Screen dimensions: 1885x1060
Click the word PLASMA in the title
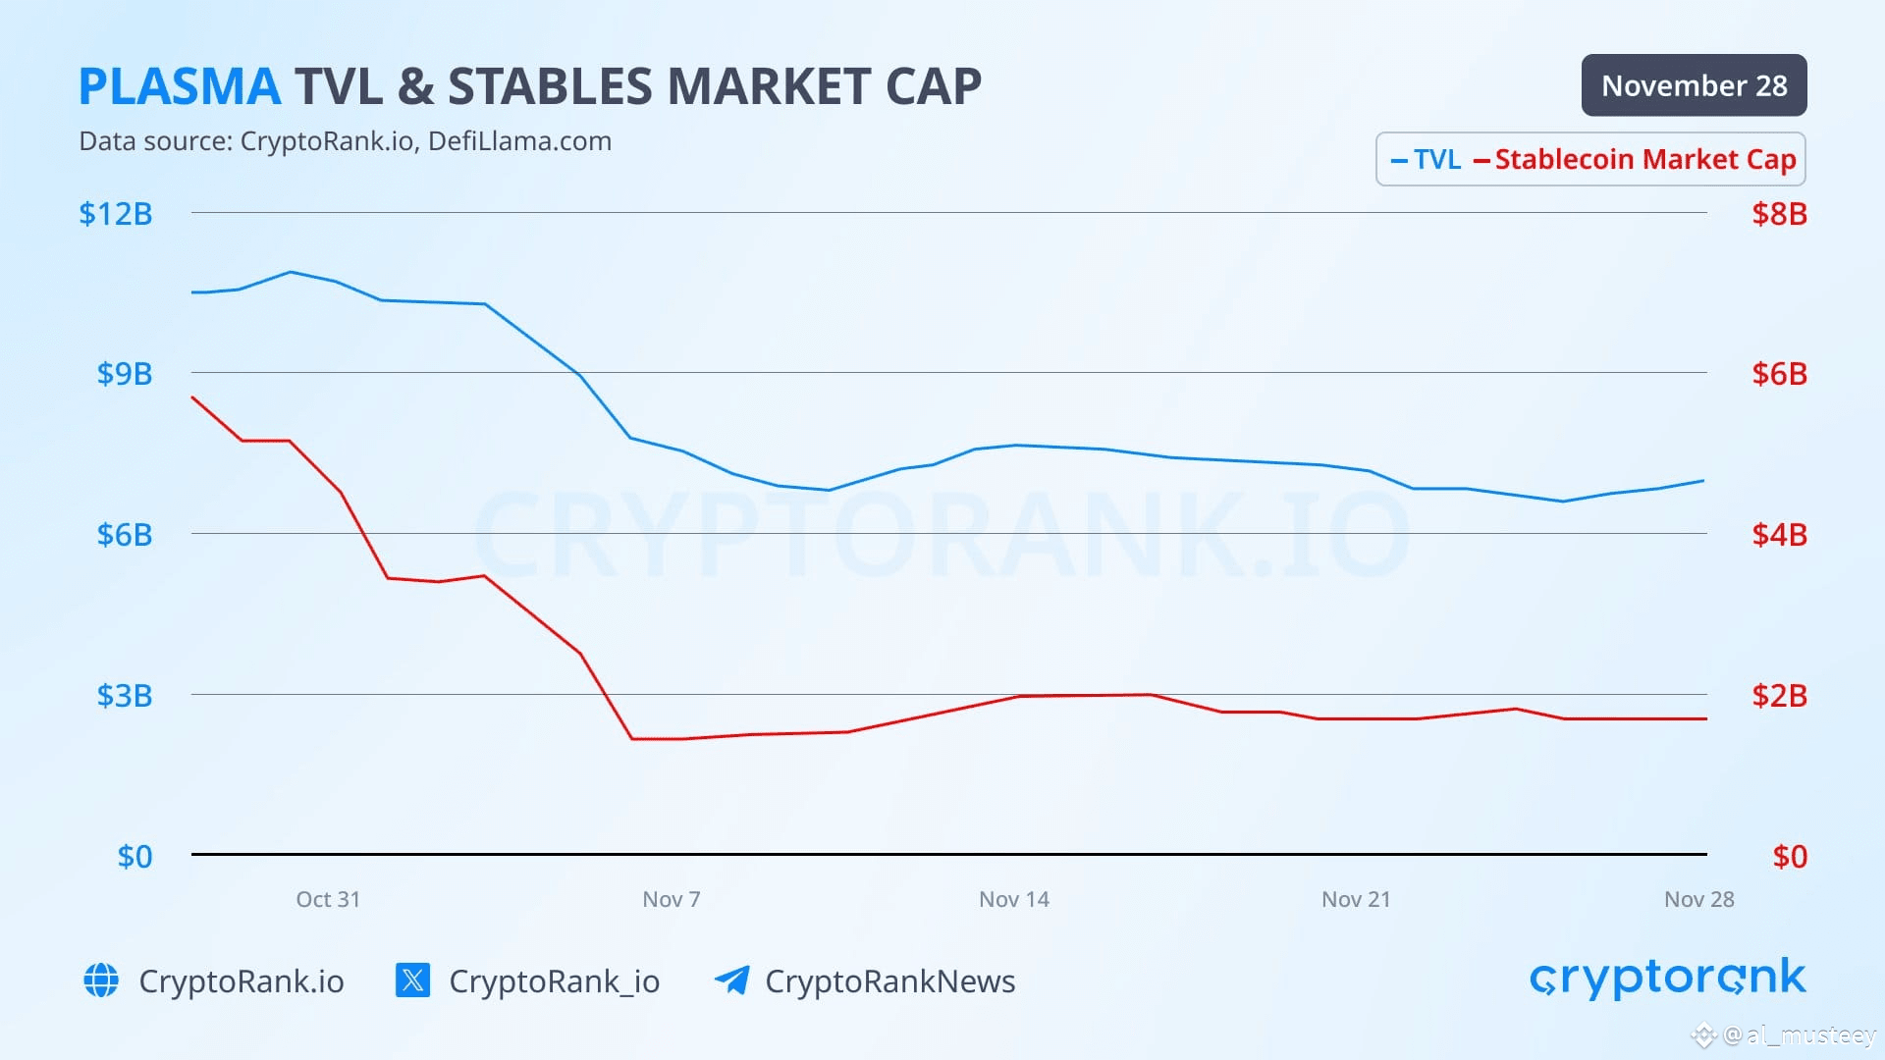tap(180, 86)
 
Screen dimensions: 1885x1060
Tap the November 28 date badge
tap(1694, 85)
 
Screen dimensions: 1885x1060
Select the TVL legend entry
tap(1426, 159)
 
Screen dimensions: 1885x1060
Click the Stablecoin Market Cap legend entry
tap(1635, 159)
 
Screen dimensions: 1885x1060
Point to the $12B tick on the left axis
tap(116, 214)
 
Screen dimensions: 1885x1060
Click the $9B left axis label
tap(125, 374)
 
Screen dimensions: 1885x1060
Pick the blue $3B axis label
tap(125, 696)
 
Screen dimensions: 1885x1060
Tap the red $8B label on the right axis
tap(1779, 214)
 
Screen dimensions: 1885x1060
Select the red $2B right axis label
tap(1779, 696)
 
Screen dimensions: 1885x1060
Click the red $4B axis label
tap(1779, 535)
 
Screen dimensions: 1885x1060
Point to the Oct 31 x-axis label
tap(328, 899)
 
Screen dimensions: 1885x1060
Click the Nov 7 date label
tap(672, 899)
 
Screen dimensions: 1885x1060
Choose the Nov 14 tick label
tap(1014, 899)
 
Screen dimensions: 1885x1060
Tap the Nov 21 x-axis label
tap(1356, 899)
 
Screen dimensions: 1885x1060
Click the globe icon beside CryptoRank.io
tap(101, 980)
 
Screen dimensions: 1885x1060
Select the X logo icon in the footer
tap(412, 980)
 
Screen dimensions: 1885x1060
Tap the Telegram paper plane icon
tap(732, 979)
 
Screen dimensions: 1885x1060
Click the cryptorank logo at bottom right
tap(1668, 979)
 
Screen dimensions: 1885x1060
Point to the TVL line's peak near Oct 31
tap(291, 272)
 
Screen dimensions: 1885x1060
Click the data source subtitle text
tap(345, 141)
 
